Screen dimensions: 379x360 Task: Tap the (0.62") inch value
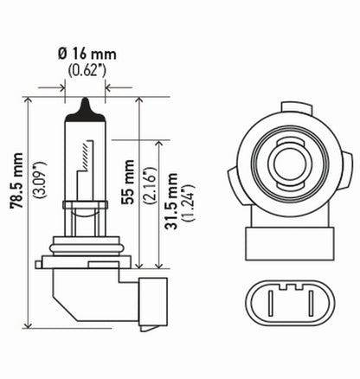[87, 67]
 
